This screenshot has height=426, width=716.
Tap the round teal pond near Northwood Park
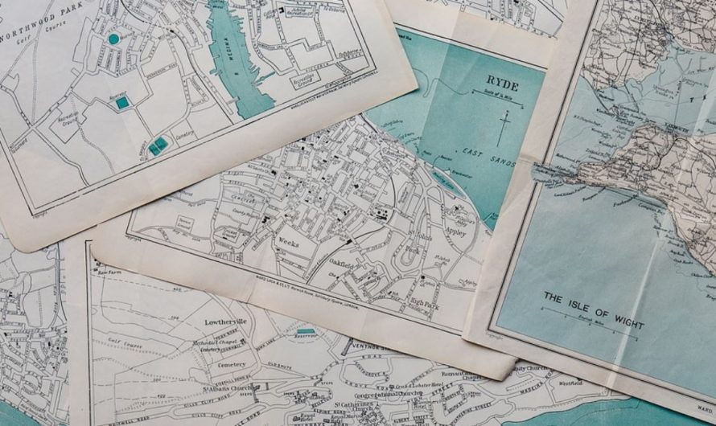pos(113,39)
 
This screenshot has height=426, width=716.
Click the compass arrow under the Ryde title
pos(504,127)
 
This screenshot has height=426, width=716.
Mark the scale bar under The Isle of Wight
pos(591,330)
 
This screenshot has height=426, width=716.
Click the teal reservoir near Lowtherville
pos(306,330)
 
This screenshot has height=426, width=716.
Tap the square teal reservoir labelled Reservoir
pos(121,102)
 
